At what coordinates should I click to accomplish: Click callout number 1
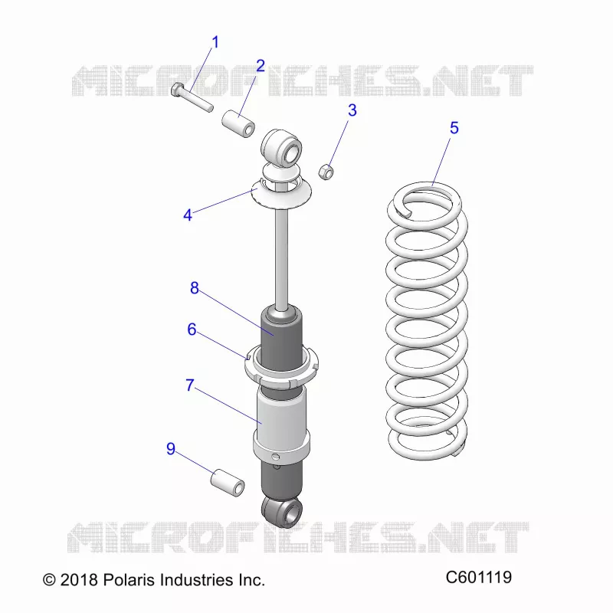point(215,42)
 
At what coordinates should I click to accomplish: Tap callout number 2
point(261,66)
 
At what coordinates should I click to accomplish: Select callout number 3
point(352,110)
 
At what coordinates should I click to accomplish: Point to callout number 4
point(188,215)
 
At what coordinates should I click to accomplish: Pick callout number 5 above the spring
point(454,128)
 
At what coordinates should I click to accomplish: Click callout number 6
point(192,329)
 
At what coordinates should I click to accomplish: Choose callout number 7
point(190,385)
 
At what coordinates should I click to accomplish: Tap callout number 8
point(195,288)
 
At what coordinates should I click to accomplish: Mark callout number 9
point(170,449)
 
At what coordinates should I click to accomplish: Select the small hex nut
point(326,171)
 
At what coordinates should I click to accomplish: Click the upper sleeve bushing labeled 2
point(238,124)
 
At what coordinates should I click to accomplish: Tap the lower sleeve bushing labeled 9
point(228,483)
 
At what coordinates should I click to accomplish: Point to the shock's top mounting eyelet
point(281,149)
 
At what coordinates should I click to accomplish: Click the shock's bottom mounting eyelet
point(282,511)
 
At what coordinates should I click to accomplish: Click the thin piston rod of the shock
point(281,258)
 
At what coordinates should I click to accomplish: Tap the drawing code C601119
point(478,577)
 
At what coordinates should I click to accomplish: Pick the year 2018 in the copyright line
point(79,580)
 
